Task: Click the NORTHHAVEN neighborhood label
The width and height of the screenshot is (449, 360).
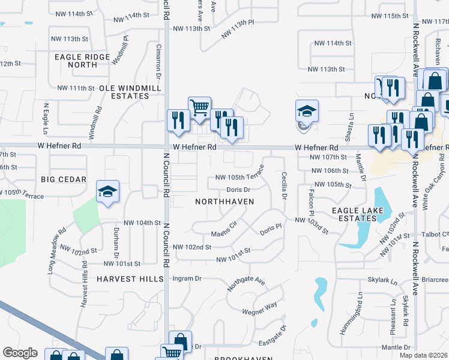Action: point(224,202)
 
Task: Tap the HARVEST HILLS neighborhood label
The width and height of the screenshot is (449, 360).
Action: point(130,279)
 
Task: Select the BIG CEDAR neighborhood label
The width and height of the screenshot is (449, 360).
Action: point(64,179)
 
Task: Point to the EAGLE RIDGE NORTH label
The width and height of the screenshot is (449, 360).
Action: point(82,61)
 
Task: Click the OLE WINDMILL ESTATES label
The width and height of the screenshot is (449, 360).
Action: point(131,92)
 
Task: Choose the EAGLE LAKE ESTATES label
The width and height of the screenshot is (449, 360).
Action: point(355,215)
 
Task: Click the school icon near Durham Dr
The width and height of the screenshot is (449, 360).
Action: point(107,192)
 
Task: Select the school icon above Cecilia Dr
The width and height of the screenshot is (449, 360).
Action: point(307,112)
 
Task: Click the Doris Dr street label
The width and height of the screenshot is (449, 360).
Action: point(238,190)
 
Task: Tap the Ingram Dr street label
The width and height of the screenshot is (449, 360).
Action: point(187,279)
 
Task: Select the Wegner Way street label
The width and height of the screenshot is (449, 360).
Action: point(260,308)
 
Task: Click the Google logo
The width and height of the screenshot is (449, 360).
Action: point(20,353)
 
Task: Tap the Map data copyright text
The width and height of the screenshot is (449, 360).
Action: point(423,355)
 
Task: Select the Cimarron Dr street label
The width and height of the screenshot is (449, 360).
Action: point(159,62)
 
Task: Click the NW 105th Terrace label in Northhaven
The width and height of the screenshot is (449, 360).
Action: point(240,177)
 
